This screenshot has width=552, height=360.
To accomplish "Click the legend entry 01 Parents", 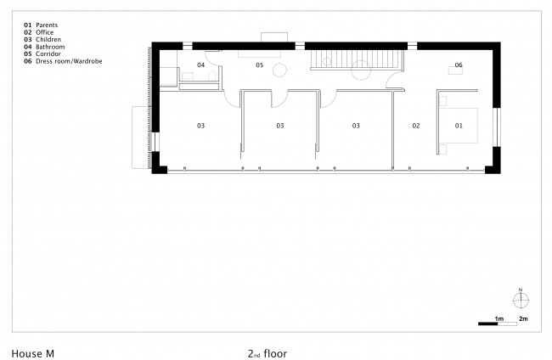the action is click(41, 25).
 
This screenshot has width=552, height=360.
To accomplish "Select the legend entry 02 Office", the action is click(39, 32).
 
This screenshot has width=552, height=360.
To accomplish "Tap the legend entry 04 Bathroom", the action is click(44, 47).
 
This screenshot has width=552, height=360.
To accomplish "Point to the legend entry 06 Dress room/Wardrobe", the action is click(63, 61).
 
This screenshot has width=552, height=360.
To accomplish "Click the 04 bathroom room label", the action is click(200, 65).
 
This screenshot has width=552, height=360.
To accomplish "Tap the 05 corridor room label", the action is click(260, 65).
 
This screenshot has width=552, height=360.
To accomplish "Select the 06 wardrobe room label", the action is click(459, 65).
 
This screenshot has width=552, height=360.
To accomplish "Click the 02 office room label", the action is click(416, 126).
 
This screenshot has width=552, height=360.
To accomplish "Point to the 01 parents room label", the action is click(459, 126).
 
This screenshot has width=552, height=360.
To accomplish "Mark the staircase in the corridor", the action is click(357, 59).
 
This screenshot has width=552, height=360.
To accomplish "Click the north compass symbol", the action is click(521, 299).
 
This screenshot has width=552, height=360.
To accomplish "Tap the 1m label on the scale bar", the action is click(499, 319).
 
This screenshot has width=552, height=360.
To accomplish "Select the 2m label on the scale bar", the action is click(523, 319).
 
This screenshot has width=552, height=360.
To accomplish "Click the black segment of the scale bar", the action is click(488, 323).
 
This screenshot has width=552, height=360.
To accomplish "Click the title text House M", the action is click(33, 354).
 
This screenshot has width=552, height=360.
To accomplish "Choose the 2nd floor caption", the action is click(268, 354).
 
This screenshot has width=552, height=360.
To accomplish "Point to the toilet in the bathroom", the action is click(211, 76).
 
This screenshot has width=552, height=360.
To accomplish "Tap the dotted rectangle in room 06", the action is click(455, 70).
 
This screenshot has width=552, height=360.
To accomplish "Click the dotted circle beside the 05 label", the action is click(280, 70).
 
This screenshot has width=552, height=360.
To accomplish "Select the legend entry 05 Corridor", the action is click(42, 53).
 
